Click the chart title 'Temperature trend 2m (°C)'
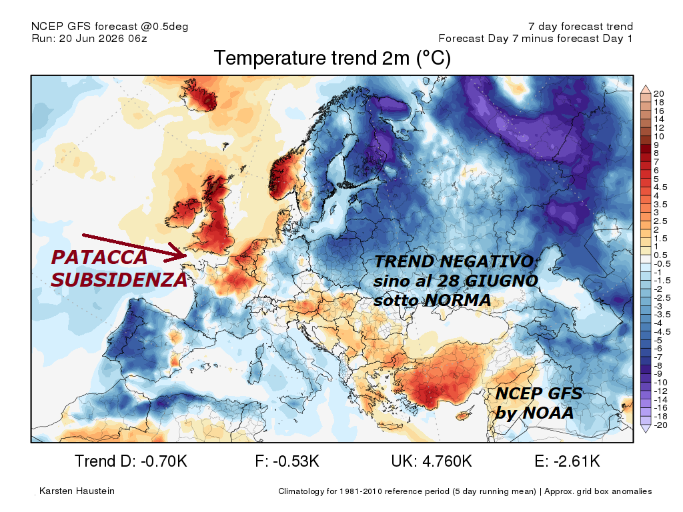(332, 59)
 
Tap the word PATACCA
(99, 257)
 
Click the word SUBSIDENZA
(119, 280)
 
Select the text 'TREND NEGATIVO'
(454, 261)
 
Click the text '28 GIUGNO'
(488, 281)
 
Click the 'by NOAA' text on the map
(534, 413)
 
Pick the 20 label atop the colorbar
(658, 93)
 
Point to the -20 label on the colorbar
(660, 425)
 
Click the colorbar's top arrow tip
(646, 85)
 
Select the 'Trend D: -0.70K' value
(131, 461)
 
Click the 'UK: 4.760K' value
(432, 461)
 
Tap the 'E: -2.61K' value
(567, 461)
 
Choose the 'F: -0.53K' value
(287, 461)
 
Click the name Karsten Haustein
(77, 491)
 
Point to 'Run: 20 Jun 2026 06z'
(89, 38)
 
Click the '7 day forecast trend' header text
(580, 27)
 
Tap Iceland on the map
(199, 94)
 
